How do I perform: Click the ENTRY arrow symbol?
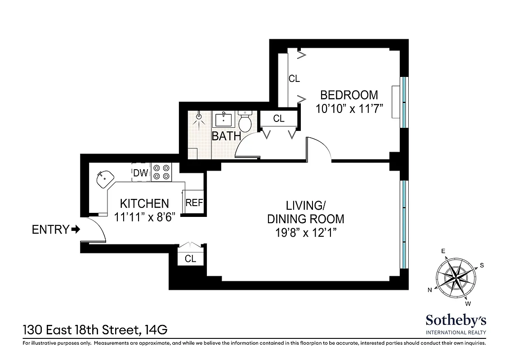coord(76,230)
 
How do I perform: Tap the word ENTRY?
coord(50,230)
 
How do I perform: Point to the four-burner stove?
coord(161,172)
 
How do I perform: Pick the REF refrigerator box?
coord(194,203)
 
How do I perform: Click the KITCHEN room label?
coord(144,203)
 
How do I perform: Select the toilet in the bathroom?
coord(245,121)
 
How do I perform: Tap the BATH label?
coord(226,136)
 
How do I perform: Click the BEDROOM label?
coord(348,95)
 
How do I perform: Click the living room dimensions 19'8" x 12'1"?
coord(305,233)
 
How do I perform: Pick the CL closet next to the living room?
coord(190,259)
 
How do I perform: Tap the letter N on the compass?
coord(430,290)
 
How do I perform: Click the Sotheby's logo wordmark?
coord(455,321)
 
